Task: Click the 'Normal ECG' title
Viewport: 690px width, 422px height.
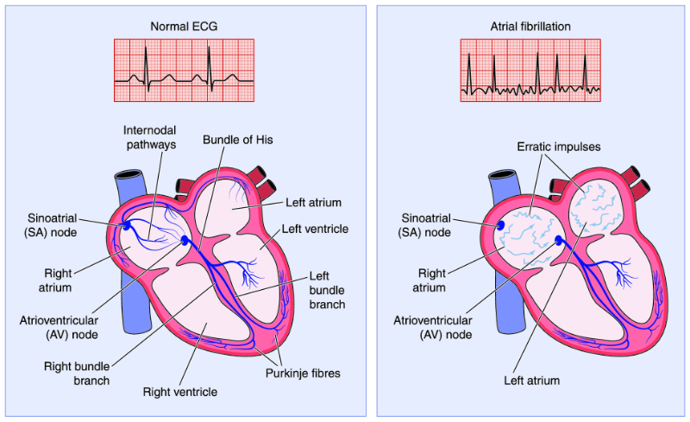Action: pyautogui.click(x=184, y=26)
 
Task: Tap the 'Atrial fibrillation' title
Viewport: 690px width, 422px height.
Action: pyautogui.click(x=530, y=26)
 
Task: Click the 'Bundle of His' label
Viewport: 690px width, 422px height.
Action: pyautogui.click(x=235, y=140)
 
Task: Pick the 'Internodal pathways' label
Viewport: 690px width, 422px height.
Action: pyautogui.click(x=150, y=138)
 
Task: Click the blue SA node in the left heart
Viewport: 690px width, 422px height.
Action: pyautogui.click(x=128, y=224)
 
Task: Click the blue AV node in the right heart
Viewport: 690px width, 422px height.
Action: pyautogui.click(x=558, y=242)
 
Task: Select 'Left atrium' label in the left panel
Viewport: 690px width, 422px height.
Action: pyautogui.click(x=313, y=203)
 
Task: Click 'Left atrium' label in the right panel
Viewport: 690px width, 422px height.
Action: pyautogui.click(x=531, y=380)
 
